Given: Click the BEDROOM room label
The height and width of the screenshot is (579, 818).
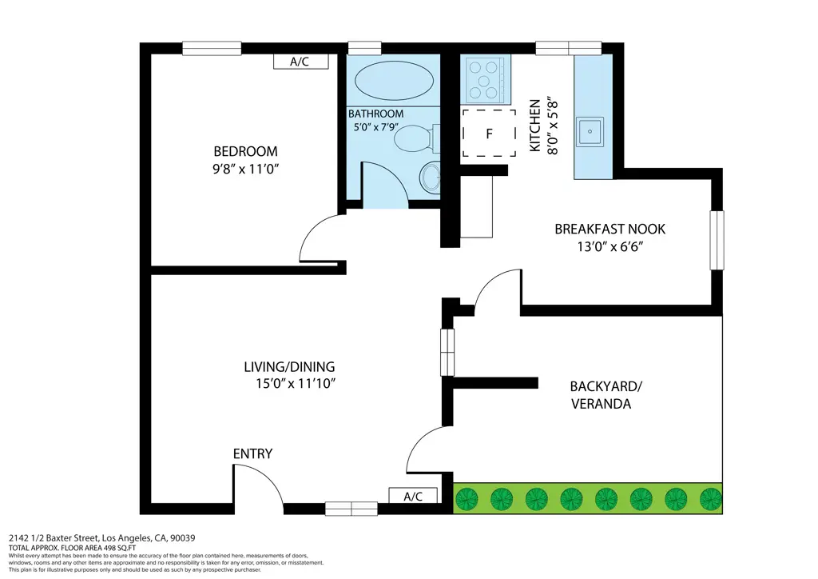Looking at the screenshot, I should coord(245,151).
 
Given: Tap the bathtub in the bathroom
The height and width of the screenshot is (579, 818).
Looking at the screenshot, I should coord(394,81).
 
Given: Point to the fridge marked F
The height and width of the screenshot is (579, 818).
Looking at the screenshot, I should coord(489,134).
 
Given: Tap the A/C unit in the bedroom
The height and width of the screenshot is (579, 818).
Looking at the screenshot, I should coord(300,62).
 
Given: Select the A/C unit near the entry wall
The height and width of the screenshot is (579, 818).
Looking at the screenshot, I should coord(413,497).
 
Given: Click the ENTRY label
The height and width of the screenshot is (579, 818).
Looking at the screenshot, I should coord(252,454).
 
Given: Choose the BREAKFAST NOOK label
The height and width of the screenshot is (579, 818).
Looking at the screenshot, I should coord(610,230).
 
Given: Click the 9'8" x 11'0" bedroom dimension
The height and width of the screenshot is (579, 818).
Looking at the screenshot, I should coord(245,169).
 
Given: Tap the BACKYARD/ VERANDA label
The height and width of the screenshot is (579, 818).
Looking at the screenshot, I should coord(605,395).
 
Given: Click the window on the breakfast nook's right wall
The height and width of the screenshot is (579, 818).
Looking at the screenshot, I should coord(717,241).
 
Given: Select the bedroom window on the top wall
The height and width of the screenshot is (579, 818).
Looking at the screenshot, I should coord(212,48).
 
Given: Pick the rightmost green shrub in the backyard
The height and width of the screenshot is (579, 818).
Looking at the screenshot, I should coord(710,499).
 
